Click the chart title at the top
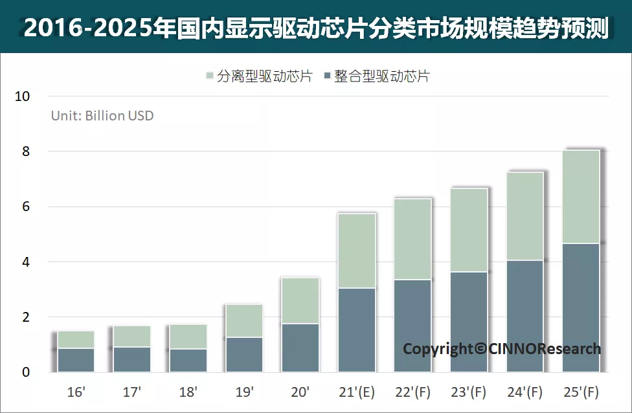(316, 28)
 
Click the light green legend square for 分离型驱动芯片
(209, 76)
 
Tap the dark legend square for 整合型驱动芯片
(326, 76)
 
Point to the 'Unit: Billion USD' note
(102, 116)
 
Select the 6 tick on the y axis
(26, 207)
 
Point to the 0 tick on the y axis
(26, 372)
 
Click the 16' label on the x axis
(76, 392)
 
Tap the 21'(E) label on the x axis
(357, 392)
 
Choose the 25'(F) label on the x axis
(581, 392)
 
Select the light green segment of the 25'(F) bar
(581, 197)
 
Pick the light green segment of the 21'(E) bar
(357, 251)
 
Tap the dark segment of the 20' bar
(300, 348)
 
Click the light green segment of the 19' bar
(244, 320)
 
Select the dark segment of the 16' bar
(76, 360)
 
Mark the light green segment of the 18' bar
(188, 337)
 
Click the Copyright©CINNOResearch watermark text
(502, 349)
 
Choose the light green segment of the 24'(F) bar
(525, 216)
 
